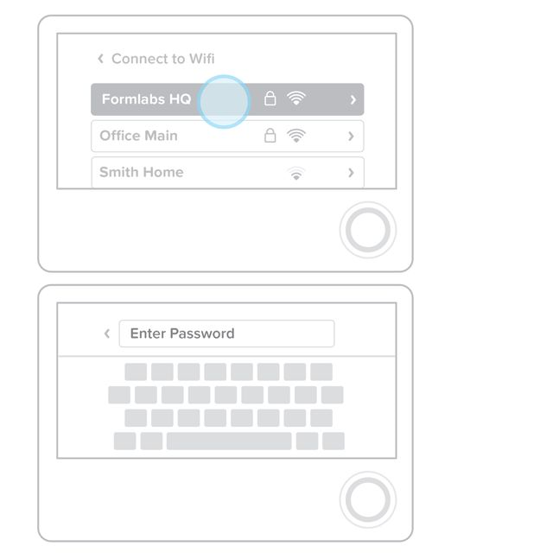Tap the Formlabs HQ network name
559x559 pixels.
[x=147, y=99]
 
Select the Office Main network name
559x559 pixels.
[x=139, y=136]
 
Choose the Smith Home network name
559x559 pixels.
[x=142, y=172]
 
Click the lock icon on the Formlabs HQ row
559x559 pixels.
[x=270, y=98]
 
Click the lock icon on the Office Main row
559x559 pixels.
[x=270, y=135]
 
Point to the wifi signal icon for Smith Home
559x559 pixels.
[x=296, y=174]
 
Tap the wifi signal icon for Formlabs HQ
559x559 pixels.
[x=296, y=98]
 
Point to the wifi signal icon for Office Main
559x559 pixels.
[x=296, y=136]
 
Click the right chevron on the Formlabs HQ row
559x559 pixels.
[x=353, y=99]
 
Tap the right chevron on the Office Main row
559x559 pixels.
[x=351, y=137]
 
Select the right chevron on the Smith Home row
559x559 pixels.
[x=351, y=173]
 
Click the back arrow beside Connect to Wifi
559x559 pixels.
[x=100, y=59]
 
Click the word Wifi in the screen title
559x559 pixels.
[x=202, y=59]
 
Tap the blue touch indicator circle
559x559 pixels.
[x=224, y=102]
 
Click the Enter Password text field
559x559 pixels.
[x=226, y=333]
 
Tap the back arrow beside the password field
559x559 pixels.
[x=107, y=333]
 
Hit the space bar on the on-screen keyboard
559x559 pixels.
[x=229, y=441]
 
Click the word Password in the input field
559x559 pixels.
[x=202, y=333]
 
